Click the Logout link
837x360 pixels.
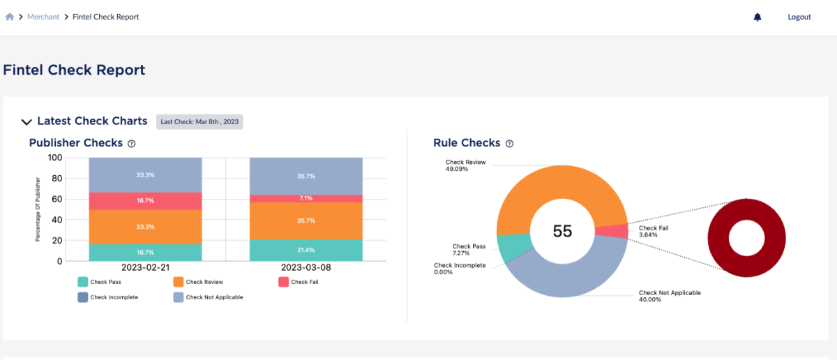coord(799,17)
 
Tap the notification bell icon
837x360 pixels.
coord(757,17)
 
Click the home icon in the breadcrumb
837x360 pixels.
coord(10,17)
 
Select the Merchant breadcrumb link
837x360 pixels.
coord(43,17)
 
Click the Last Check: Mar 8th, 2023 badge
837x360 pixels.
coord(199,121)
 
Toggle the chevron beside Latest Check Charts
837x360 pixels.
coord(27,122)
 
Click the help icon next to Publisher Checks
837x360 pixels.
coord(131,143)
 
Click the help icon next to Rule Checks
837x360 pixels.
coord(509,143)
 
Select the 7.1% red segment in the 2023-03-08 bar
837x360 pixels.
coord(306,198)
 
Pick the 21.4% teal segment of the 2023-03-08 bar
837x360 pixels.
coord(306,250)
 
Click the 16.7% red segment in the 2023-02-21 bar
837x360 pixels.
coord(145,201)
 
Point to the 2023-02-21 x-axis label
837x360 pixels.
coord(145,267)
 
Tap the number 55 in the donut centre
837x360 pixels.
coord(562,231)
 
